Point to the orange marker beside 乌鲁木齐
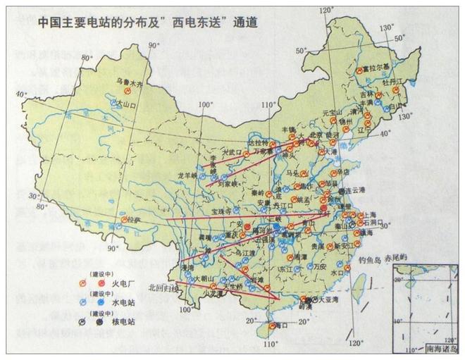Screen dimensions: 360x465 pyautogui.click(x=128, y=92)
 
